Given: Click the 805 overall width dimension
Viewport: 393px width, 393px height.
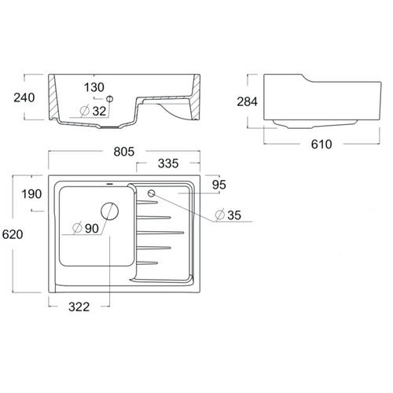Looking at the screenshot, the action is coord(124,152).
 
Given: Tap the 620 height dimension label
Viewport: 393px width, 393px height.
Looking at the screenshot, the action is coord(13,234).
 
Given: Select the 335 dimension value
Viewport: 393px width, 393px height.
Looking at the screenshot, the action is coord(168,163).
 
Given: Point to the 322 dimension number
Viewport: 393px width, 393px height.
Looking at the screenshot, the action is coord(79,307).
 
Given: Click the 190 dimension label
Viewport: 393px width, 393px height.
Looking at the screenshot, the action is coord(31,194).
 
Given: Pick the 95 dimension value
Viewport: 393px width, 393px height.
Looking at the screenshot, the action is coord(219,185).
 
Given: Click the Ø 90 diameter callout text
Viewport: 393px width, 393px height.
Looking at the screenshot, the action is coord(86,229).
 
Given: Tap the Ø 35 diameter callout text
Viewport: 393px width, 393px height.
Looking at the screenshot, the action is coord(228,215).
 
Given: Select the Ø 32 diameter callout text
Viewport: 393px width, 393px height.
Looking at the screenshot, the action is coord(93,111).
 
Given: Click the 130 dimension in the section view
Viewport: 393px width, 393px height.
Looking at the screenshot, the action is coord(94,87).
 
